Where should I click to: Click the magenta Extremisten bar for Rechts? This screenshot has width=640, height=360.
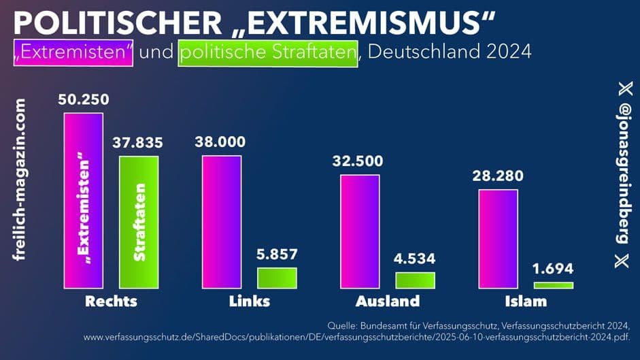84,200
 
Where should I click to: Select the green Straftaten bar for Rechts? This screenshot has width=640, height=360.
139,222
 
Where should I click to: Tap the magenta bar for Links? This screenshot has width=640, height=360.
222,221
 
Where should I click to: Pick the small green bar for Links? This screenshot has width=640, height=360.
277,278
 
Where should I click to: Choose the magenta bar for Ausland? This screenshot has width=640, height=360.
360,231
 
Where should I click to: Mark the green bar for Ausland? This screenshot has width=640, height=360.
415,280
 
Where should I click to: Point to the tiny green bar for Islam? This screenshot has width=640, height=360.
554,284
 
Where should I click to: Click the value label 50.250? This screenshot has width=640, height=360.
83,99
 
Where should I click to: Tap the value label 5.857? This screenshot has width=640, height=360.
277,255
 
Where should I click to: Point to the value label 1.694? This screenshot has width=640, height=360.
554,268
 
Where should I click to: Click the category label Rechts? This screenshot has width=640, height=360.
111,301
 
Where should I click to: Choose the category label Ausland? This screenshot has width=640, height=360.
388,301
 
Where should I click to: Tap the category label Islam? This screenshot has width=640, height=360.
526,301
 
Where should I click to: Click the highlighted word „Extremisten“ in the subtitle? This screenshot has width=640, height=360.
72,52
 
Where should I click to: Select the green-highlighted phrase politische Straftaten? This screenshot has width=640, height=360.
267,52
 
